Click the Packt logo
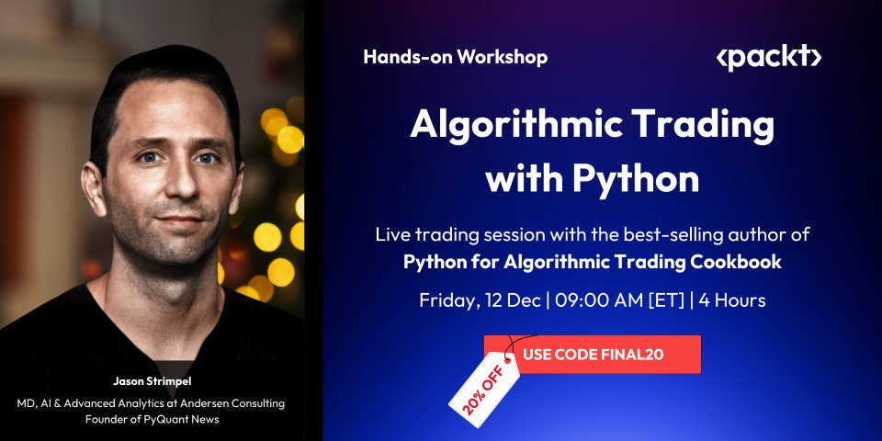[x=768, y=58]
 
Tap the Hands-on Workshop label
[x=455, y=57]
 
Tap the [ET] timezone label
[x=669, y=300]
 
